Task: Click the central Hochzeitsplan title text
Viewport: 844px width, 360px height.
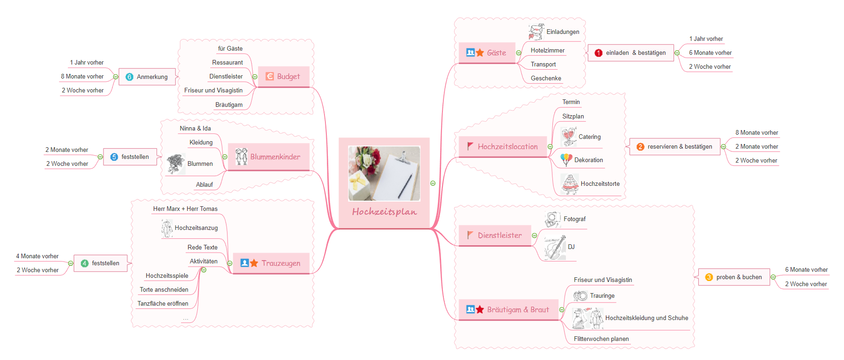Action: tap(384, 212)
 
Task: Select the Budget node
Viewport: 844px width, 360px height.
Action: tap(284, 77)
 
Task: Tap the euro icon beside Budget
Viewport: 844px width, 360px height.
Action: tap(270, 76)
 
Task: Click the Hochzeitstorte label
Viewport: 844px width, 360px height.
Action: tap(600, 183)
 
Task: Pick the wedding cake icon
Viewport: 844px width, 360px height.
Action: tap(570, 184)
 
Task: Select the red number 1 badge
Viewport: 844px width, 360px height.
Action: tap(598, 53)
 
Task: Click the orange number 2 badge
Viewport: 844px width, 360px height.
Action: tap(640, 147)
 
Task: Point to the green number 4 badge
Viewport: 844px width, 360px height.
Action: tap(84, 263)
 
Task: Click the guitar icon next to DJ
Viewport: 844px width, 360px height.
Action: tap(555, 247)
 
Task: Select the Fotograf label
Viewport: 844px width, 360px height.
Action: tap(575, 219)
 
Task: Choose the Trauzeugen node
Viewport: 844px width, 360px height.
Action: tap(271, 263)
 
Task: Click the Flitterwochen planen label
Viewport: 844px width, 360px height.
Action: tap(601, 339)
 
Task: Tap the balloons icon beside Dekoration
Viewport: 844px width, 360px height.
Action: tap(566, 159)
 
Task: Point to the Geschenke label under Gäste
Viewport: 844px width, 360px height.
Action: tap(546, 78)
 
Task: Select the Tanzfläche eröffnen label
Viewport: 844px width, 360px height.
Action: tap(163, 303)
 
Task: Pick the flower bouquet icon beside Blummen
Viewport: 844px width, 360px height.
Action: tap(175, 164)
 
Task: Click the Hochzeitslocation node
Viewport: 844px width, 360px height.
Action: tap(503, 147)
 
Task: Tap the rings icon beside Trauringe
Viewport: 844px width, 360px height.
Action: tap(580, 295)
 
